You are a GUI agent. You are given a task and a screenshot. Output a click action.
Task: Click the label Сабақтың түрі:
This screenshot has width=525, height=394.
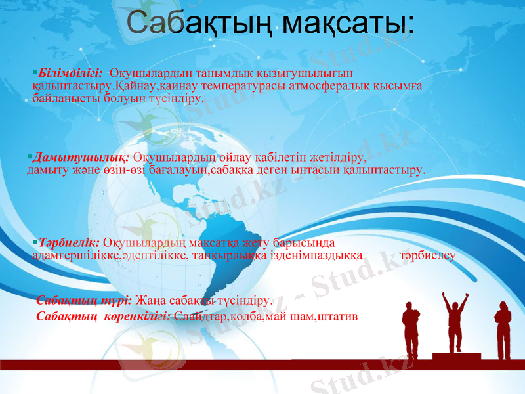[84, 301]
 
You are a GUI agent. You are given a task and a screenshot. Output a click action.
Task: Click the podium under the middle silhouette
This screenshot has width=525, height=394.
[455, 357]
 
